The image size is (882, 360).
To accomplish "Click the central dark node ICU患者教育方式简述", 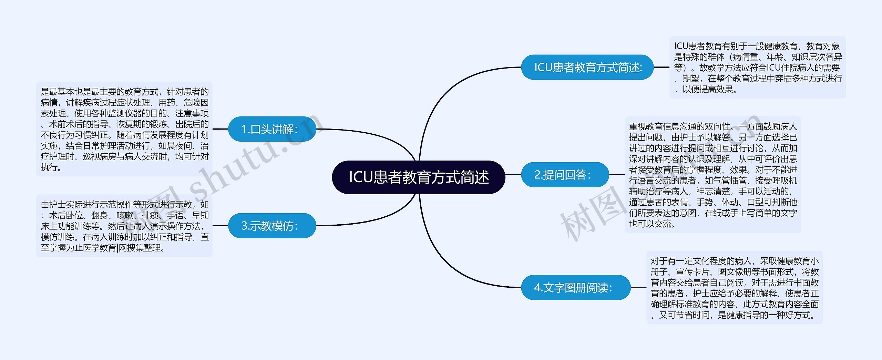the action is point(418,177).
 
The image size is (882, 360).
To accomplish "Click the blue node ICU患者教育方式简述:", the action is point(587,67).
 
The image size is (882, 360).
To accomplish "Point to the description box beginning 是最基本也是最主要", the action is point(124,129).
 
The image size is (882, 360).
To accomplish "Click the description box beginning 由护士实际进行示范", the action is point(124,226).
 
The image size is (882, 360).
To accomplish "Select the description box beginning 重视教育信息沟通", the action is point(712,175).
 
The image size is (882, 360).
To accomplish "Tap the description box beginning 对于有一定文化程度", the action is point(734,287).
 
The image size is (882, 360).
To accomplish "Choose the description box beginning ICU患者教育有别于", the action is point(757,67).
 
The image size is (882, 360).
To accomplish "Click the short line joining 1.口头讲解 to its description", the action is point(220,129).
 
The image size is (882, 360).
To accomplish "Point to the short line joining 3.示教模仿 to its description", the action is point(220,226).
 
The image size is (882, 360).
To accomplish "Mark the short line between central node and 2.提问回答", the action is point(513,175).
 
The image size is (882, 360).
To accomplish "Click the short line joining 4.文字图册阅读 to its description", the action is point(638,287).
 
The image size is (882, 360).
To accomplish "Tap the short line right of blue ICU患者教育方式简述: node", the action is point(661,67).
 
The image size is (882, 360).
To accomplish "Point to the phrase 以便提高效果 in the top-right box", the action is point(708,90).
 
